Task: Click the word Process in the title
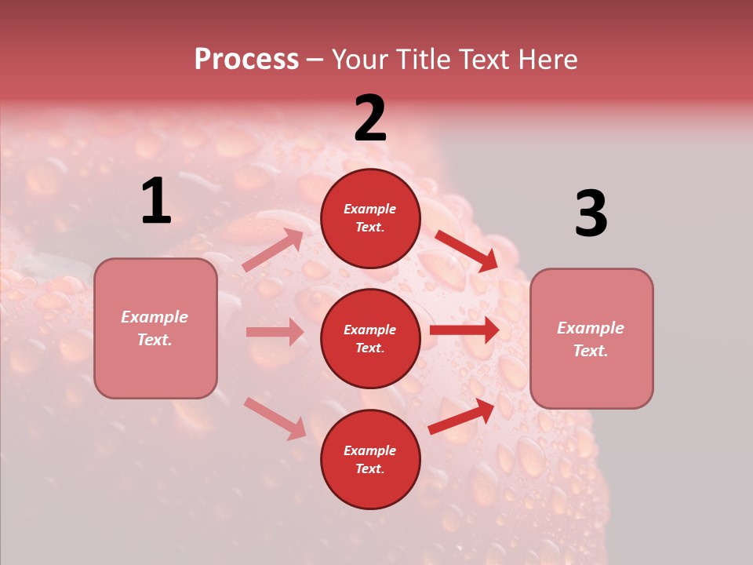click(246, 60)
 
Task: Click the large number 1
click(156, 202)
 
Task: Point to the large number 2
click(370, 118)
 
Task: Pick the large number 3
click(591, 214)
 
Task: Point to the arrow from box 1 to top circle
click(273, 250)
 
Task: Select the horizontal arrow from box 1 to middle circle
click(275, 332)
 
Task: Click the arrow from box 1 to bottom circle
click(275, 417)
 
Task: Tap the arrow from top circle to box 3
click(466, 251)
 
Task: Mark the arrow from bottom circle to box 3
click(461, 416)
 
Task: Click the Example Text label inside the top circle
click(370, 218)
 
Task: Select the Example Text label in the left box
click(155, 328)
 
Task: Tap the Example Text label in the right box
click(591, 339)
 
